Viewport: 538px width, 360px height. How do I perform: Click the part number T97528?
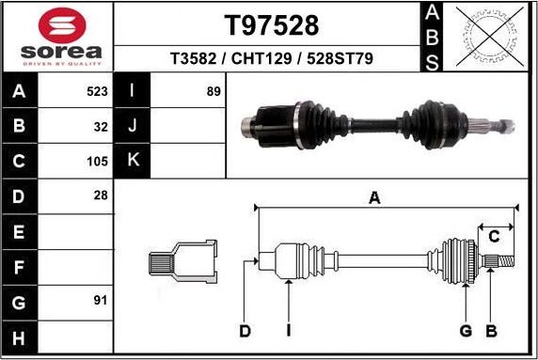[x=272, y=24]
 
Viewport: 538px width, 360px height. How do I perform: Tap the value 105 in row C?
[x=97, y=161]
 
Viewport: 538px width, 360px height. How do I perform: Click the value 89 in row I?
[x=214, y=92]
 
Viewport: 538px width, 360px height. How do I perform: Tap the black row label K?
[x=133, y=161]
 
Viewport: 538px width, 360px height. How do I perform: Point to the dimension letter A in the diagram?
[x=374, y=197]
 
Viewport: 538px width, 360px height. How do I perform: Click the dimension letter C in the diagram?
[x=492, y=236]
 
